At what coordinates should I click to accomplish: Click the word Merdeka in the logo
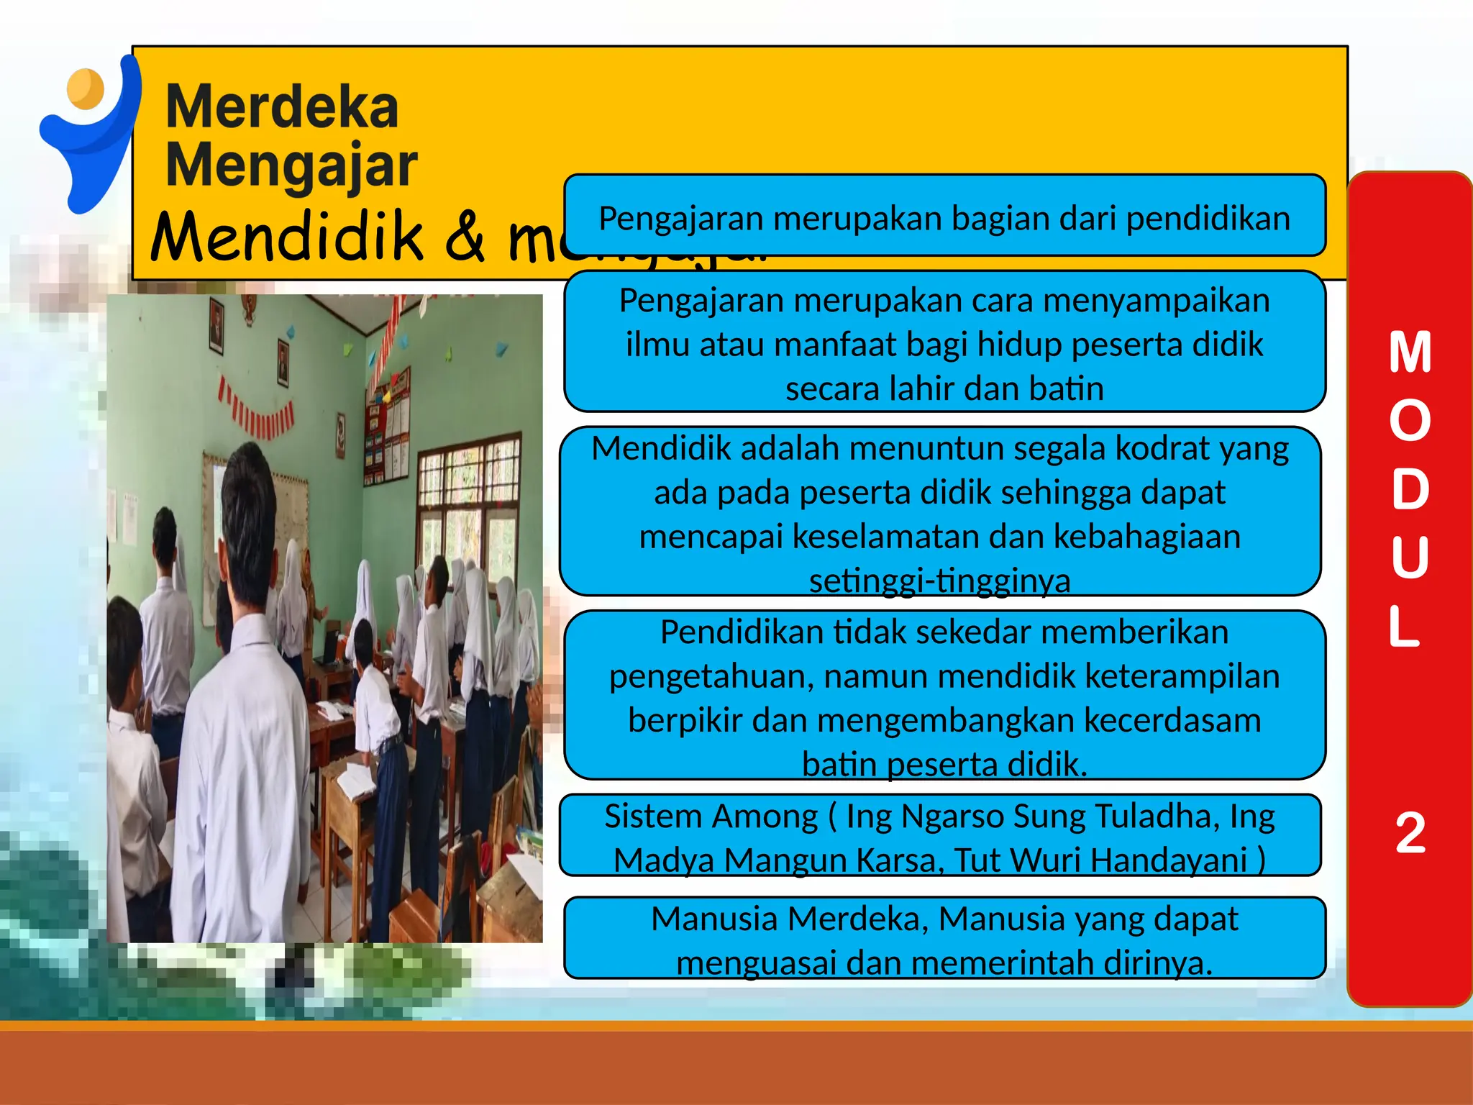[x=282, y=107]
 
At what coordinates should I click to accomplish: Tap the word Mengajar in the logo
[x=291, y=166]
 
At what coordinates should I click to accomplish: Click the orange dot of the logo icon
[x=86, y=88]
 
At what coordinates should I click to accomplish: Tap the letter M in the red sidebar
[x=1410, y=353]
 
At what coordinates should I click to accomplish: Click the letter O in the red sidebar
[x=1410, y=421]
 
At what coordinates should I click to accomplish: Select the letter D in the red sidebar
[x=1410, y=489]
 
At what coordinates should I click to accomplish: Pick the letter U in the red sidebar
[x=1410, y=557]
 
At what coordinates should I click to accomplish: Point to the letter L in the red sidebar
[x=1405, y=626]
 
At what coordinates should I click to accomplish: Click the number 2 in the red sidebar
[x=1410, y=832]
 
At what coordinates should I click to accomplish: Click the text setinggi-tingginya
[x=939, y=581]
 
